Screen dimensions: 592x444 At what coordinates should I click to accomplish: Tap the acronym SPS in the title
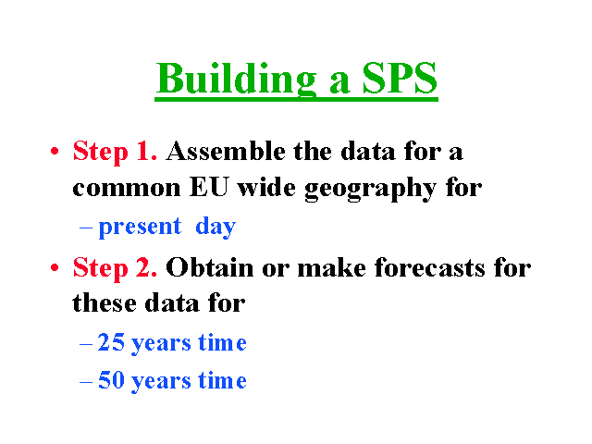[400, 78]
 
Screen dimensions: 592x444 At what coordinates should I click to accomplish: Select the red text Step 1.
[115, 152]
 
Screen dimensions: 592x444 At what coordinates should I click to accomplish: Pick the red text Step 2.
[115, 268]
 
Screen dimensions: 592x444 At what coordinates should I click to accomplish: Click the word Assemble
[226, 151]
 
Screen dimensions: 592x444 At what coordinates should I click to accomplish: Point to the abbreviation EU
[209, 187]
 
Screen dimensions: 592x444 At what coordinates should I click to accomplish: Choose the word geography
[370, 189]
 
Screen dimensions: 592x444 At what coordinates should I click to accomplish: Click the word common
[127, 189]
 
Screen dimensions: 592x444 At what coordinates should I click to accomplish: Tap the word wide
[266, 187]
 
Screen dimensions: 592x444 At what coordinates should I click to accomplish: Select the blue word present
[140, 228]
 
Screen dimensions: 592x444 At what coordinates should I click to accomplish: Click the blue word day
[216, 227]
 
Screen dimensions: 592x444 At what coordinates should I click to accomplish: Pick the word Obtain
[210, 267]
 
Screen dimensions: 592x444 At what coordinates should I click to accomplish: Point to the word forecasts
[429, 267]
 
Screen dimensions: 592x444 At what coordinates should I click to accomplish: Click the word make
[331, 267]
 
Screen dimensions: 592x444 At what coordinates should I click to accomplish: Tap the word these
[105, 303]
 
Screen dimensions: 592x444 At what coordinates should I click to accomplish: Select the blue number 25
[111, 342]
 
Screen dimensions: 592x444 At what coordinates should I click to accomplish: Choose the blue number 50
[111, 379]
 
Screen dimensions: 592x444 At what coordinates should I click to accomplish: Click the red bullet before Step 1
[55, 152]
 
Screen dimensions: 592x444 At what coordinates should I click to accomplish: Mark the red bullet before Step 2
[55, 267]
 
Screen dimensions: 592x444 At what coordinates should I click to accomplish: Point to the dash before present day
[86, 228]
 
